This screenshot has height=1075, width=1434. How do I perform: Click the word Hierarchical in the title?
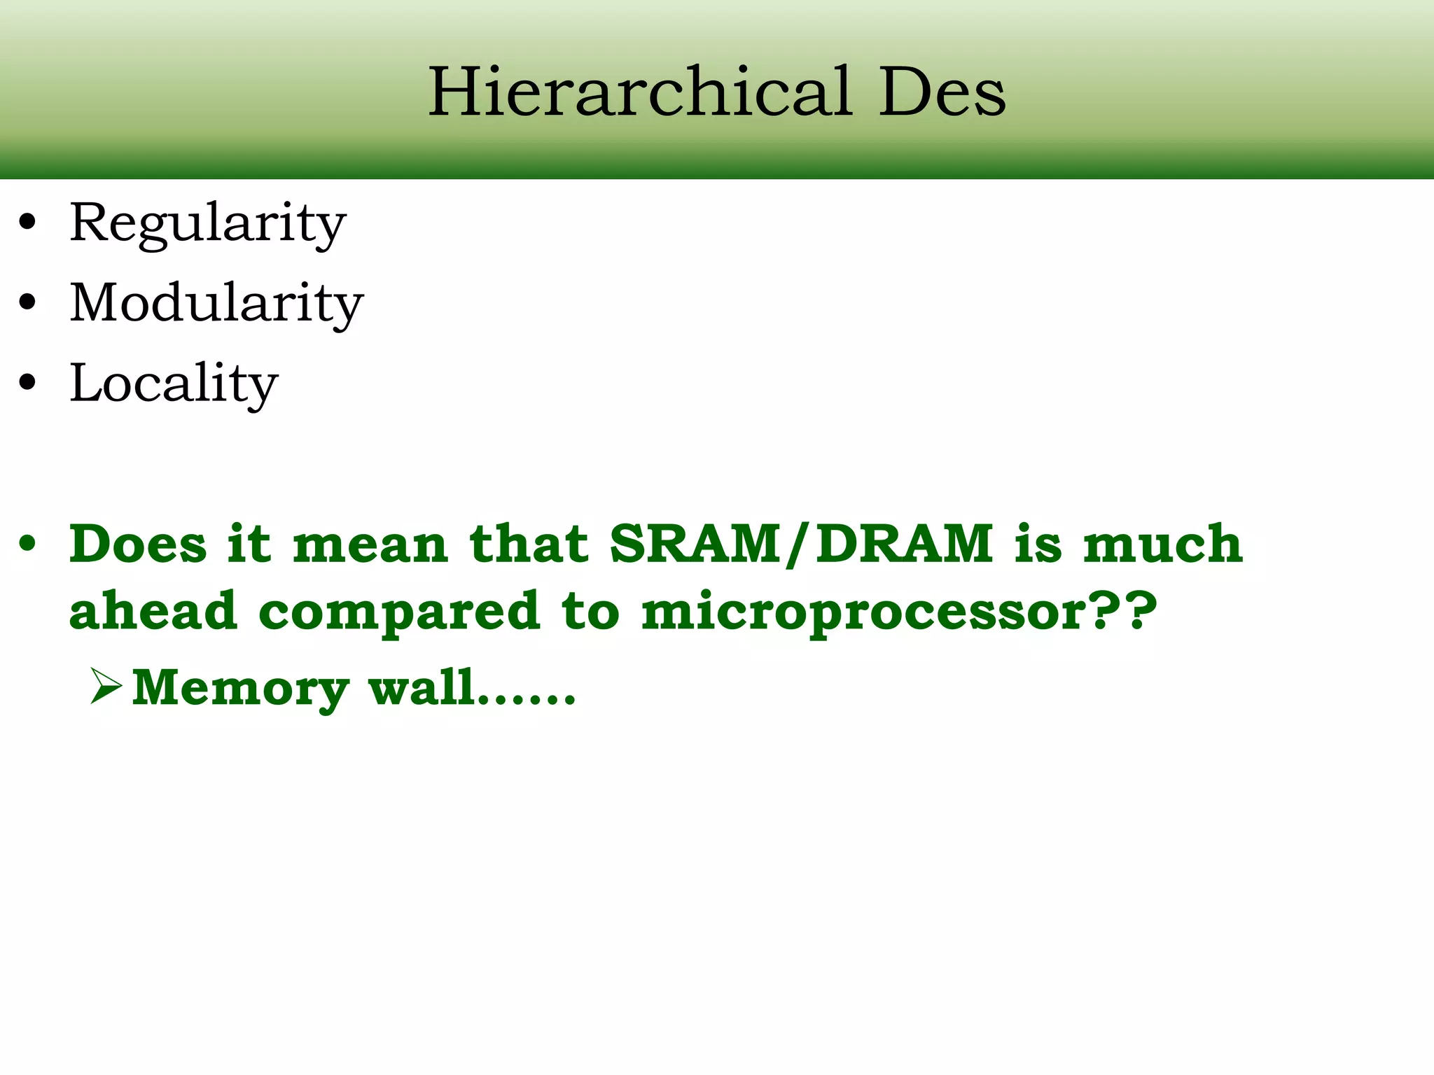coord(641,92)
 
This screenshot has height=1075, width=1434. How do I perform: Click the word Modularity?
coord(216,304)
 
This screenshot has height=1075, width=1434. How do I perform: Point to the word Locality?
coord(174,384)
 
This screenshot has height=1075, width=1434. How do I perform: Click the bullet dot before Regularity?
coord(27,223)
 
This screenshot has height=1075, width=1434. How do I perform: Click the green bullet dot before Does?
coord(27,544)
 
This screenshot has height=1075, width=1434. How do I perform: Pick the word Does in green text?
coord(138,544)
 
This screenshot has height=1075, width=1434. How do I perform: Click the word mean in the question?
coord(370,545)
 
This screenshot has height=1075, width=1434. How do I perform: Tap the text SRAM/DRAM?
coord(801,544)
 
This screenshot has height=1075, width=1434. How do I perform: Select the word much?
coord(1162,544)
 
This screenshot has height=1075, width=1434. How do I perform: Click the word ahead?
coord(153,610)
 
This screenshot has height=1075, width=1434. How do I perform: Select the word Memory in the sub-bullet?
coord(240,689)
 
